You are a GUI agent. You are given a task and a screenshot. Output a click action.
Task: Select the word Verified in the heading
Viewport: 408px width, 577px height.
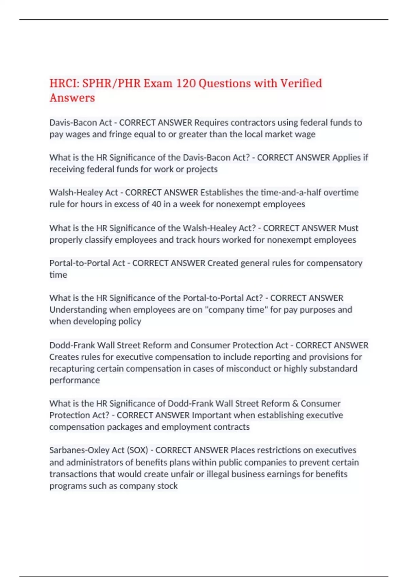point(301,83)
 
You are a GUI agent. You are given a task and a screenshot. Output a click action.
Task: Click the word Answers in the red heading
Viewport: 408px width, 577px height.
point(72,98)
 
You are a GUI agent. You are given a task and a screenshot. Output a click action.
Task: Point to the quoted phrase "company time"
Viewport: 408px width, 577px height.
point(236,310)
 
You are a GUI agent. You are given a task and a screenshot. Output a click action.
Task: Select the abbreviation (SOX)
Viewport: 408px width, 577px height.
point(137,450)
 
